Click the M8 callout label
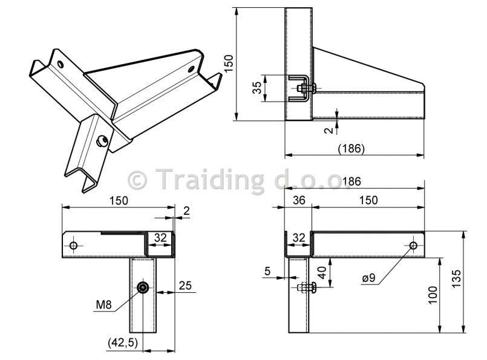pos(103,304)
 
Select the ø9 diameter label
pos(368,278)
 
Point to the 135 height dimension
pos(457,278)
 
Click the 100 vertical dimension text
pos(433,295)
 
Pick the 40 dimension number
pos(322,272)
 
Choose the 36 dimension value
pos(299,200)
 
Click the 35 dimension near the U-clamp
pos(257,88)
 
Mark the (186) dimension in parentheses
pos(351,148)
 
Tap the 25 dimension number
pos(185,286)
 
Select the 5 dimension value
pos(267,271)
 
